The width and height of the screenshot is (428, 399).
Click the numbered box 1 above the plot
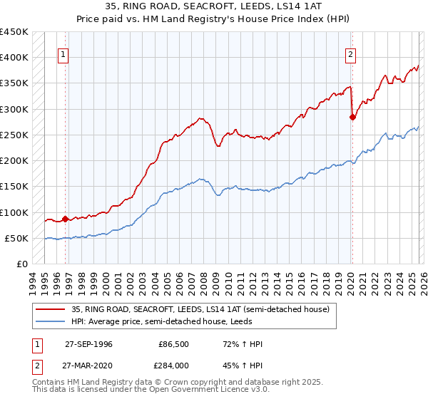pyautogui.click(x=63, y=53)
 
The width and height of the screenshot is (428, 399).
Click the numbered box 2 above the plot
pyautogui.click(x=351, y=53)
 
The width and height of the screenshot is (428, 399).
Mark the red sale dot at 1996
pyautogui.click(x=65, y=219)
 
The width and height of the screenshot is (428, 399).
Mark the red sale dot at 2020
pyautogui.click(x=352, y=118)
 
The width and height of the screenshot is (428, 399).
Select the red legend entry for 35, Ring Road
pyautogui.click(x=200, y=309)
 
